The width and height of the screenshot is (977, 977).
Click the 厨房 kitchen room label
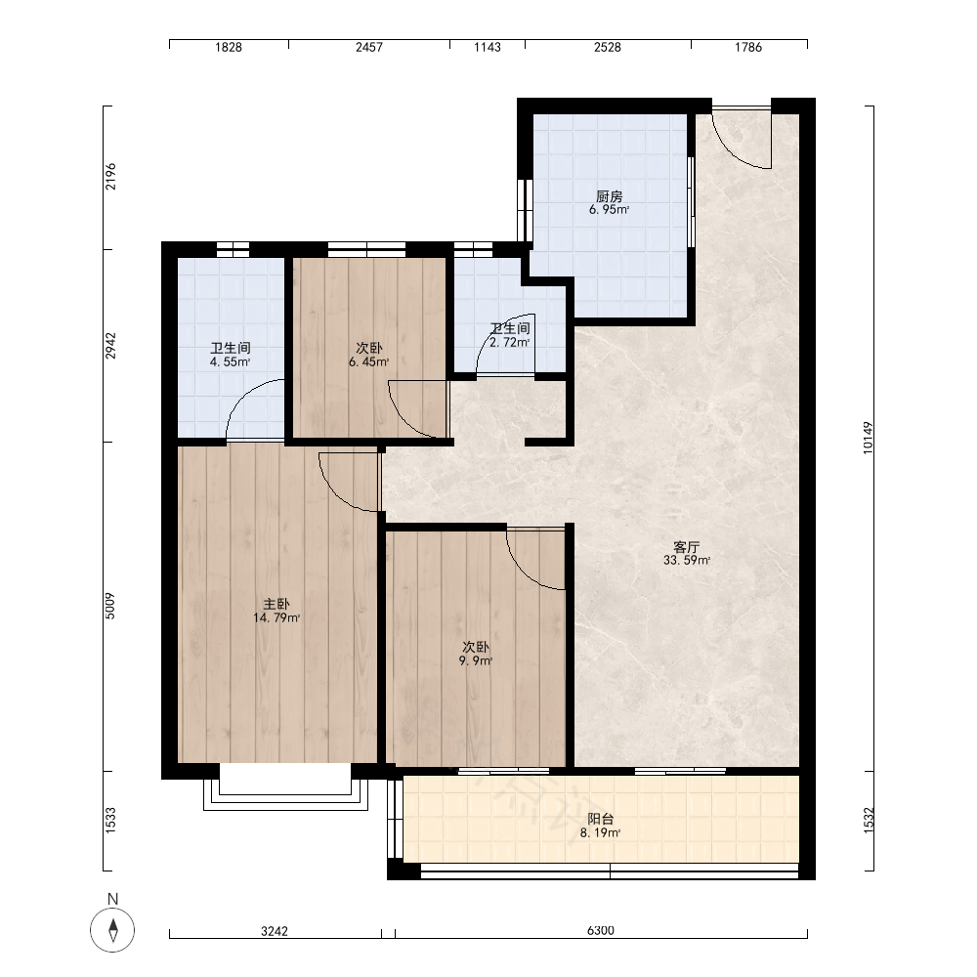[609, 197]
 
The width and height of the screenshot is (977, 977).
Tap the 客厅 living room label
[686, 547]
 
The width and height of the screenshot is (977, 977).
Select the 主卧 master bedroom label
[276, 605]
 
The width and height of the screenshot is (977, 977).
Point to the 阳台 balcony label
[600, 820]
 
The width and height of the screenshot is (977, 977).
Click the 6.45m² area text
[369, 362]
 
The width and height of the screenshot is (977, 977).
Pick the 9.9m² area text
[476, 660]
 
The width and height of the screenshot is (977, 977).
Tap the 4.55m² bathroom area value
[230, 362]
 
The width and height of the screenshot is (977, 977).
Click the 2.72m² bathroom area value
[510, 342]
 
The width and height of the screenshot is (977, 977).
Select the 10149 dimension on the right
[868, 438]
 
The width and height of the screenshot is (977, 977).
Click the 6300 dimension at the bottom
[601, 930]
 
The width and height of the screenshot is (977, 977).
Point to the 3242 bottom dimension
[275, 931]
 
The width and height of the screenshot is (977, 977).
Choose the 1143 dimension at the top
[488, 47]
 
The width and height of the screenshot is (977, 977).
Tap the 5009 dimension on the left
[110, 606]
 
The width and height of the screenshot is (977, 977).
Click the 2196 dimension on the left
[110, 176]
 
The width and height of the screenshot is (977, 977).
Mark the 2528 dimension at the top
[608, 47]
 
